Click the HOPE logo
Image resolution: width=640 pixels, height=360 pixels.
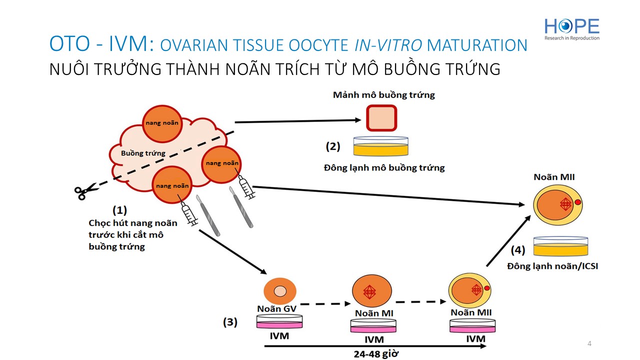point(571,29)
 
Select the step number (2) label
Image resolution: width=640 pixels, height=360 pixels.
point(333,146)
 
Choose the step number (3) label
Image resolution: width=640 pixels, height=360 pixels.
point(230,322)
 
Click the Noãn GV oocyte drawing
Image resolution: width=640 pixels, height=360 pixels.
point(280,291)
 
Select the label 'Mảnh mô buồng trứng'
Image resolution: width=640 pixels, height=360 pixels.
point(383,95)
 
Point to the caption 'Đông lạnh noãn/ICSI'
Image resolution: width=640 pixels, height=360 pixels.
point(552,266)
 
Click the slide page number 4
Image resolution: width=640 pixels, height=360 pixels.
point(589,343)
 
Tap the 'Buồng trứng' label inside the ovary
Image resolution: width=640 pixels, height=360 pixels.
point(143,153)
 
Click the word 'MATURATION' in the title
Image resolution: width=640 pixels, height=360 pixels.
point(477,45)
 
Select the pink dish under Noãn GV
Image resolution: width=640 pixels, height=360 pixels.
point(279,322)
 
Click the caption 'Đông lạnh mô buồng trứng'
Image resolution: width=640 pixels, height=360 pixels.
point(384,167)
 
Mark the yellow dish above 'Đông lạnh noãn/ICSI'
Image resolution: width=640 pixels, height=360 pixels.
point(560,246)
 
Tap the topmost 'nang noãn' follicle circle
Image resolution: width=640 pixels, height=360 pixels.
point(161,123)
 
